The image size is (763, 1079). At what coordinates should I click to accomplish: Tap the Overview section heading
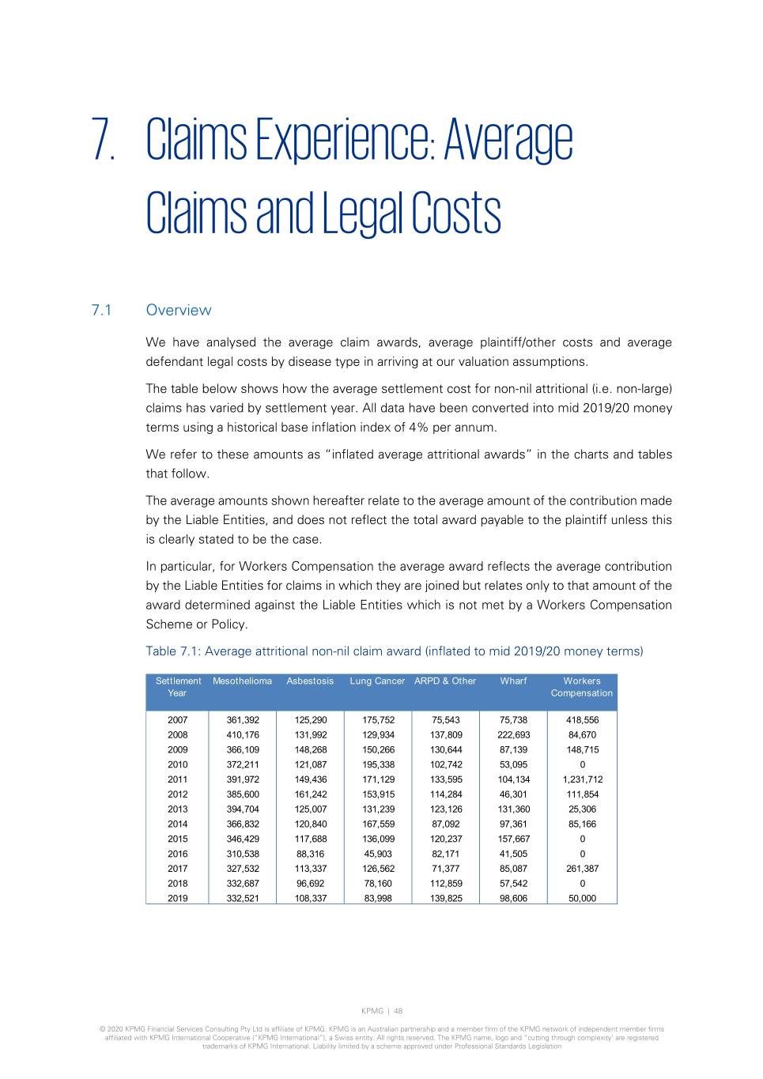point(179,310)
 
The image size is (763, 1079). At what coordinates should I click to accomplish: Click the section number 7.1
point(101,310)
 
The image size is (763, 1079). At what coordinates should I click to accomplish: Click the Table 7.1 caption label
point(173,651)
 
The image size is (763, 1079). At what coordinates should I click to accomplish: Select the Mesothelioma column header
point(242,681)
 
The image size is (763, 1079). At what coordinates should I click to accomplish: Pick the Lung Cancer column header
point(377,681)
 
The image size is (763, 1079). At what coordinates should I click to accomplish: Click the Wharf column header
point(513,681)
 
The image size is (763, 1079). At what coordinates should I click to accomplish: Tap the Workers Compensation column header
point(582,687)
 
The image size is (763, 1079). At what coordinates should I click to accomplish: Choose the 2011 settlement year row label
point(178,779)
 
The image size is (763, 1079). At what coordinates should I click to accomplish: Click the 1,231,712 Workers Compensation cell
point(583,779)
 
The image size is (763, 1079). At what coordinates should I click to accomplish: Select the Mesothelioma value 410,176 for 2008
point(243,734)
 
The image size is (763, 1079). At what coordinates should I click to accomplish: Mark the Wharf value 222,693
point(514,734)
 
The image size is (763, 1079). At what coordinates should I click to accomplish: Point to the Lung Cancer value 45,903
point(378,854)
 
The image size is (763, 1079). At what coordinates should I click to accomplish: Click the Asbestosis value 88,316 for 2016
point(311,854)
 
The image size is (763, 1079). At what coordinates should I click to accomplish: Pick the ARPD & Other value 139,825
point(446,898)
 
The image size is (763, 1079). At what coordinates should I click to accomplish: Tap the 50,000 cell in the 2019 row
point(583,898)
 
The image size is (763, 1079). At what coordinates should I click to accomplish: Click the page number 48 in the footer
point(398,1011)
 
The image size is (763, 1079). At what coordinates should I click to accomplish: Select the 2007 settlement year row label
point(178,720)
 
